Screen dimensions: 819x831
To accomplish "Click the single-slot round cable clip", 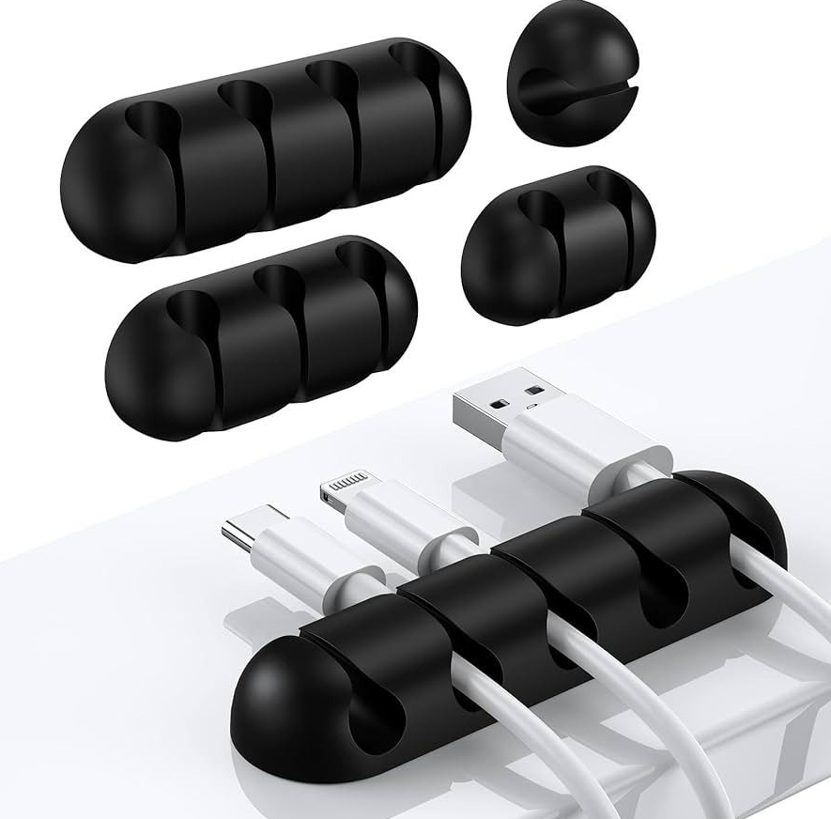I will click(x=574, y=84).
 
